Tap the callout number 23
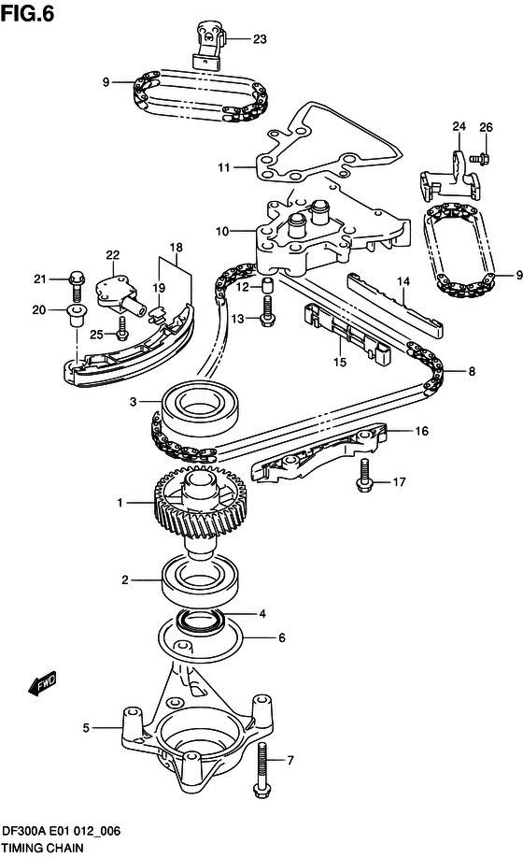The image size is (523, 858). [259, 39]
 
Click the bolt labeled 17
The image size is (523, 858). [363, 483]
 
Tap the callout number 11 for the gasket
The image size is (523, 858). [223, 168]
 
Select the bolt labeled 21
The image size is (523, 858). [76, 279]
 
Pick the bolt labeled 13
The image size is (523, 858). [267, 318]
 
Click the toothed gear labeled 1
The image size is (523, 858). [191, 508]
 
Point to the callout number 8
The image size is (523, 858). [472, 371]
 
